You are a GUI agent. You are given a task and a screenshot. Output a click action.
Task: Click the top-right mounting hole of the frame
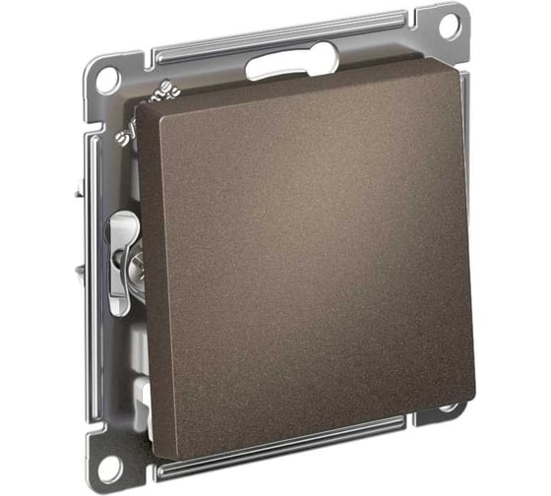click(x=448, y=25)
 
